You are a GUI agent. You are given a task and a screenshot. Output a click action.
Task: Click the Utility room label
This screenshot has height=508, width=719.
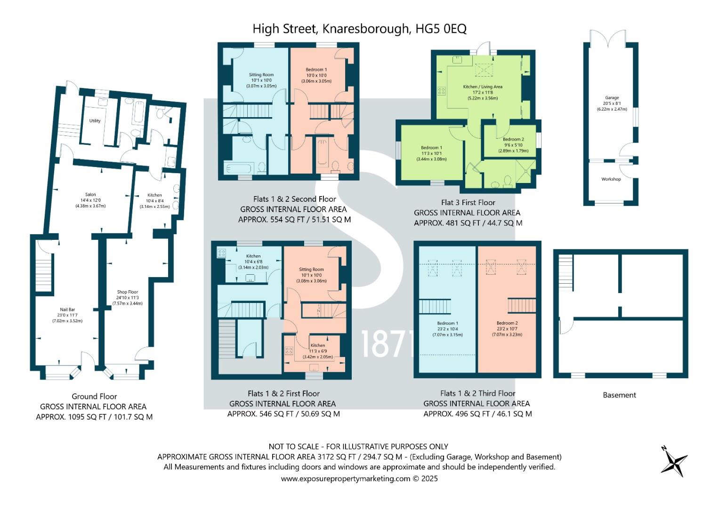pyautogui.click(x=95, y=121)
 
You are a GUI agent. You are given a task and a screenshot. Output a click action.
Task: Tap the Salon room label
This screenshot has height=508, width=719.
pyautogui.click(x=90, y=194)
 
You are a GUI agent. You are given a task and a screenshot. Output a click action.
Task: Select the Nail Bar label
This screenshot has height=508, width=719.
pyautogui.click(x=67, y=310)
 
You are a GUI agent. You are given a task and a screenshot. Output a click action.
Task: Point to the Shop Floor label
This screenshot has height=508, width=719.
pyautogui.click(x=128, y=292)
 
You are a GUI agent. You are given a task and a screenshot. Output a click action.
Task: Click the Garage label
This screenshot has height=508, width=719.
pyautogui.click(x=612, y=97)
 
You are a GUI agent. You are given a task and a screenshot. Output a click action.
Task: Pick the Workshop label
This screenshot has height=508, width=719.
pyautogui.click(x=611, y=179)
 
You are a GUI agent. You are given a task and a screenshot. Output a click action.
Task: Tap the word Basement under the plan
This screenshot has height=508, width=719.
pyautogui.click(x=619, y=395)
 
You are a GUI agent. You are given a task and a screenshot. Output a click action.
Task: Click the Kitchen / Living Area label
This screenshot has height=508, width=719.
pyautogui.click(x=483, y=87)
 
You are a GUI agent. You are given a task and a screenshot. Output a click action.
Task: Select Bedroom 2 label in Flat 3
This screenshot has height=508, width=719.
pyautogui.click(x=513, y=139)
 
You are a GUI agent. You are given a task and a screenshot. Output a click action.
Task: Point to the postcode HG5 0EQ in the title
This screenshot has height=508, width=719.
pyautogui.click(x=441, y=29)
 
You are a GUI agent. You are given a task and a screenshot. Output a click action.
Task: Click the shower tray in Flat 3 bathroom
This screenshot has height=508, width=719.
pyautogui.click(x=525, y=171)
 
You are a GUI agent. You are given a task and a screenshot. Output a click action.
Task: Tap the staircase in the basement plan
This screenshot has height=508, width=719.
pyautogui.click(x=566, y=273)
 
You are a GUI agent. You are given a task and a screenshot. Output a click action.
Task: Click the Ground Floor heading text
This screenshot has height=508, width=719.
pyautogui.click(x=94, y=397)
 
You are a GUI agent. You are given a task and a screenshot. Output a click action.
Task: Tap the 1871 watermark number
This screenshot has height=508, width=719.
pyautogui.click(x=388, y=344)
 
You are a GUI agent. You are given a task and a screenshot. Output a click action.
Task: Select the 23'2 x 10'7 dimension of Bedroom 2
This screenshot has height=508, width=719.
pyautogui.click(x=507, y=329)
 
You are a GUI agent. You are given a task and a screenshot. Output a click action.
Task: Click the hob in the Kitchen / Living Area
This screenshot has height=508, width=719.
pyautogui.click(x=441, y=91)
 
